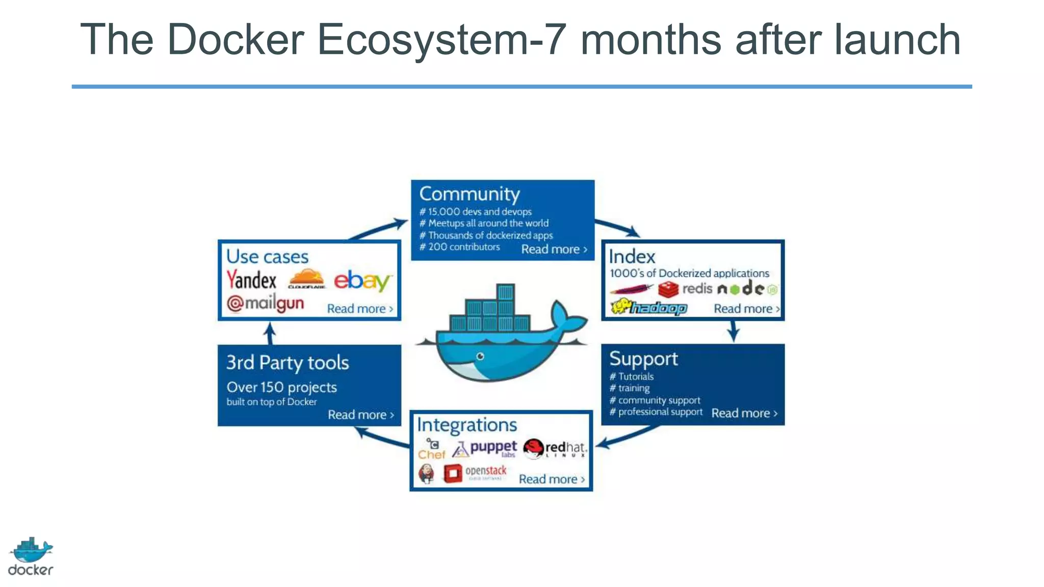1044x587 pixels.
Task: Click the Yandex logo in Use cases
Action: click(x=251, y=280)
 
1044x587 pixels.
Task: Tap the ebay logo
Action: click(x=362, y=281)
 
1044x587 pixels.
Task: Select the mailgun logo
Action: click(x=266, y=304)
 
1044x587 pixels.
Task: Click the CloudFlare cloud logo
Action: click(x=306, y=279)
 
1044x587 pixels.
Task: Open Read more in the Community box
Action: click(x=554, y=249)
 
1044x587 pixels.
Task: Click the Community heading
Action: click(x=469, y=194)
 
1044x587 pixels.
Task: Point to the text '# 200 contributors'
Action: click(x=460, y=247)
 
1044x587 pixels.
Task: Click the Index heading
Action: click(x=632, y=257)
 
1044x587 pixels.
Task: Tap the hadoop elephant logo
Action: click(x=648, y=307)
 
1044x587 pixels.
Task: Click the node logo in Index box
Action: click(x=747, y=289)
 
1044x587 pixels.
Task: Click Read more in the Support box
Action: click(x=744, y=413)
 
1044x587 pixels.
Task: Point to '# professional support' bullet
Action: click(x=656, y=412)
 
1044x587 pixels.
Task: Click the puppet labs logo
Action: click(x=485, y=449)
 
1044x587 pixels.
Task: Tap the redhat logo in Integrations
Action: click(x=555, y=448)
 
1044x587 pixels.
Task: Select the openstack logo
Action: click(x=475, y=473)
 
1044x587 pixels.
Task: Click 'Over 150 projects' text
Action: click(x=282, y=387)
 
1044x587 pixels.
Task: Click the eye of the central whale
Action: click(x=480, y=356)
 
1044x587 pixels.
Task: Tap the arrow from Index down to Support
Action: click(x=733, y=332)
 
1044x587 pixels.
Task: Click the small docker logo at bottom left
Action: click(x=31, y=556)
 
